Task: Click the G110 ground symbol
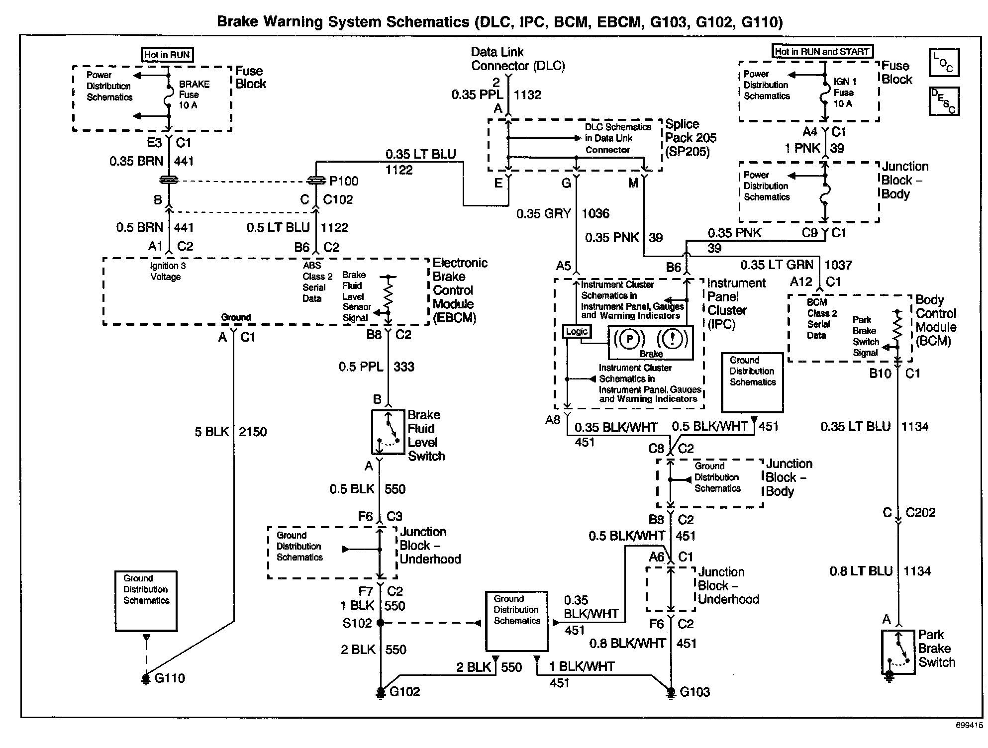coord(146,678)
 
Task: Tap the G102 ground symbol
coord(381,692)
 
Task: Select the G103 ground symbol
coord(670,692)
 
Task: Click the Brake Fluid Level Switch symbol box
coord(388,432)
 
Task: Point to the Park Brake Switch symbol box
coord(898,652)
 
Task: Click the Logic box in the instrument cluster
coord(577,331)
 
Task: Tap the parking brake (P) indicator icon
coord(629,339)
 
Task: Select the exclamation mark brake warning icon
coord(672,339)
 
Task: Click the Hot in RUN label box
coord(167,55)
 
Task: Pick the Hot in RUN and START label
coord(822,51)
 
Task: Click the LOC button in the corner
coord(944,63)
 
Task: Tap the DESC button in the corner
coord(944,101)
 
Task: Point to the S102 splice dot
coord(381,622)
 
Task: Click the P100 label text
coord(344,181)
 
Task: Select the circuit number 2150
coord(253,432)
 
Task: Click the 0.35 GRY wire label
coord(543,214)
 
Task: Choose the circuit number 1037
coord(838,265)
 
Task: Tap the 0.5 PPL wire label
coord(361,367)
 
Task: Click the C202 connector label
coord(920,513)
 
